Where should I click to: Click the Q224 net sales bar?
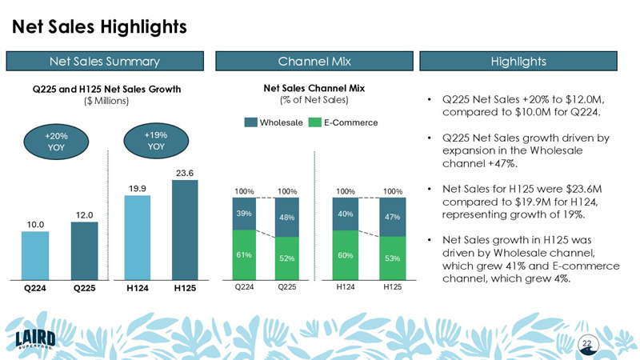pyautogui.click(x=34, y=253)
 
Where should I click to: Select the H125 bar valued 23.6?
pyautogui.click(x=185, y=227)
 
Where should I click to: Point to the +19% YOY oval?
pyautogui.click(x=155, y=141)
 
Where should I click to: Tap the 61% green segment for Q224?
pyautogui.click(x=245, y=254)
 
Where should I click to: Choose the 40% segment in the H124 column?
pyautogui.click(x=346, y=214)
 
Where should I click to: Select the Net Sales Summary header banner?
pyautogui.click(x=105, y=61)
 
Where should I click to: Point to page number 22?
pyautogui.click(x=586, y=343)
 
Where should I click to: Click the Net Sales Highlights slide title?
pyautogui.click(x=99, y=26)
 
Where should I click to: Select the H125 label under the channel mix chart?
pyautogui.click(x=392, y=286)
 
